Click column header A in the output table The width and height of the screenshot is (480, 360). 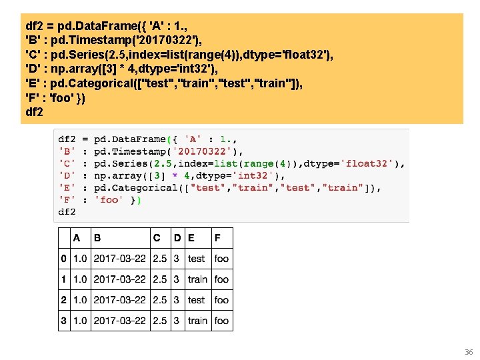click(77, 237)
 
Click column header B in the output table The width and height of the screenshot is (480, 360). click(97, 237)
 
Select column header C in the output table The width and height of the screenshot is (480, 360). click(157, 237)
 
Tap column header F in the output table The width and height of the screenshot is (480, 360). click(218, 237)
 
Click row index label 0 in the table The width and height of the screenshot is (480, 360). click(63, 258)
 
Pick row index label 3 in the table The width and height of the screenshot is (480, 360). click(63, 321)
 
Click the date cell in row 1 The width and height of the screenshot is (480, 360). click(119, 279)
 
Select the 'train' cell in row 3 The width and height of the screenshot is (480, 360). click(197, 321)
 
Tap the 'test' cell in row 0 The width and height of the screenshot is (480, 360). click(196, 258)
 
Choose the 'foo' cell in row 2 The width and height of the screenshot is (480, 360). click(221, 300)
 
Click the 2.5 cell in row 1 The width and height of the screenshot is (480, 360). click(159, 279)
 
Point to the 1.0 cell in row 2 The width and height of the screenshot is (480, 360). click(80, 300)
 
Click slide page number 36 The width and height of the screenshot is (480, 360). click(468, 351)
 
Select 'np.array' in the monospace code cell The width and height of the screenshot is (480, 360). click(117, 175)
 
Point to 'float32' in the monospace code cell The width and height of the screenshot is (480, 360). click(369, 163)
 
